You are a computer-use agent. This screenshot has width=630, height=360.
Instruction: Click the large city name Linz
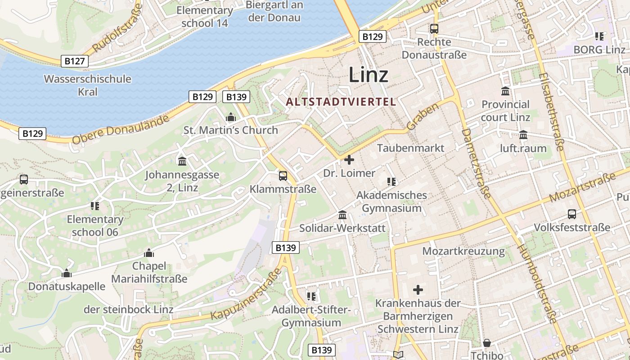pyautogui.click(x=368, y=75)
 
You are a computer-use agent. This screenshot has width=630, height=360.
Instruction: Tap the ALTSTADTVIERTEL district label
pyautogui.click(x=341, y=102)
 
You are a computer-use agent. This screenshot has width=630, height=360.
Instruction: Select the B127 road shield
pyautogui.click(x=75, y=61)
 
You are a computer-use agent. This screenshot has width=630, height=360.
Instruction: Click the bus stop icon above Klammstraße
pyautogui.click(x=283, y=176)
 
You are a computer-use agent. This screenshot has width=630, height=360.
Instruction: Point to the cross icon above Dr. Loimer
pyautogui.click(x=349, y=160)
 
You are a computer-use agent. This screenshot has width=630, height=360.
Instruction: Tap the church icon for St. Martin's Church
pyautogui.click(x=231, y=118)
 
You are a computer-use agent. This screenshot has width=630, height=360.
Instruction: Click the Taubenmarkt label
pyautogui.click(x=410, y=148)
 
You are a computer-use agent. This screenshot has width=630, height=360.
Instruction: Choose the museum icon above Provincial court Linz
pyautogui.click(x=505, y=91)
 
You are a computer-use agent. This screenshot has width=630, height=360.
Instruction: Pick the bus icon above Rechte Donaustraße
pyautogui.click(x=434, y=29)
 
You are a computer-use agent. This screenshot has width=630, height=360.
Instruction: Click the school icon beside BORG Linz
pyautogui.click(x=599, y=36)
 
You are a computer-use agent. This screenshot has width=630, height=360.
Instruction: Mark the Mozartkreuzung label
pyautogui.click(x=463, y=251)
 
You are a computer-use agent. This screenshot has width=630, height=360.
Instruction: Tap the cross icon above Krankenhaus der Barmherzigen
pyautogui.click(x=418, y=290)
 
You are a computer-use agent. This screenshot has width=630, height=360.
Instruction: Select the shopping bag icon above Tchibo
pyautogui.click(x=487, y=343)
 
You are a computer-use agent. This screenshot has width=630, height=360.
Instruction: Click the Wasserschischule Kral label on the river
pyautogui.click(x=87, y=85)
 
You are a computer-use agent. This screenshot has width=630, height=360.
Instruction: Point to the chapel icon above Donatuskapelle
pyautogui.click(x=67, y=273)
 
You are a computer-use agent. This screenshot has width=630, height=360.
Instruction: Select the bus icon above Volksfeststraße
pyautogui.click(x=571, y=214)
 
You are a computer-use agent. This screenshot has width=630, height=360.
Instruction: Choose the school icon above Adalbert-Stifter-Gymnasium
pyautogui.click(x=311, y=296)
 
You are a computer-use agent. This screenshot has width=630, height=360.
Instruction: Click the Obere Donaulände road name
pyautogui.click(x=121, y=129)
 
